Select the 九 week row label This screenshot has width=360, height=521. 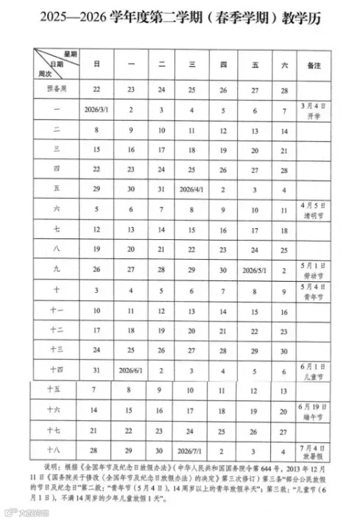[x=57, y=269]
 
